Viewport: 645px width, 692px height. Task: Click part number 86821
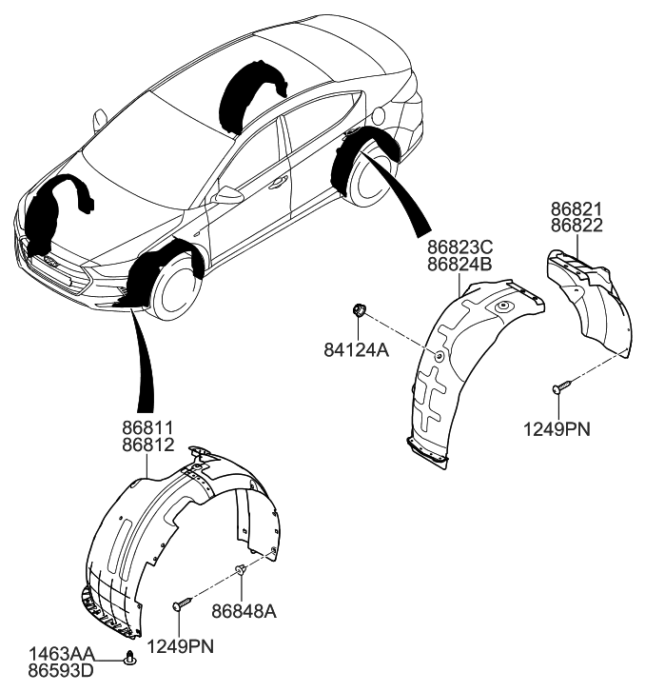pyautogui.click(x=577, y=209)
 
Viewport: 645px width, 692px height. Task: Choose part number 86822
pyautogui.click(x=577, y=226)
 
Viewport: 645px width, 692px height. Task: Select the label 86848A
pyautogui.click(x=244, y=609)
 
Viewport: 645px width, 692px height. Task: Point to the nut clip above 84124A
pyautogui.click(x=361, y=308)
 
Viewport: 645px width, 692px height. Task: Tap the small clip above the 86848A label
pyautogui.click(x=243, y=570)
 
